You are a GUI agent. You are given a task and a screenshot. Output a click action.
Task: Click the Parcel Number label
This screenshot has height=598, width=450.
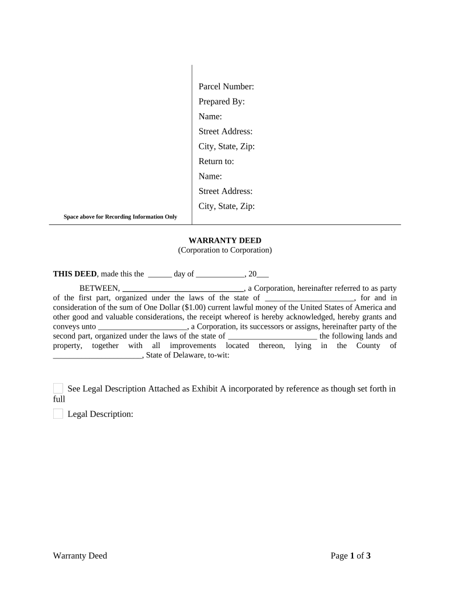(x=226, y=87)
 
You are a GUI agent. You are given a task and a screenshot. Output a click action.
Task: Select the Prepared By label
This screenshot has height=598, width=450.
(x=221, y=102)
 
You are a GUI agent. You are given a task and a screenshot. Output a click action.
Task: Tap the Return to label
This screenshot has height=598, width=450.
(x=216, y=161)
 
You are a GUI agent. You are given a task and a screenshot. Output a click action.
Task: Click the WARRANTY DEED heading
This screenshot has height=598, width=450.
(x=225, y=241)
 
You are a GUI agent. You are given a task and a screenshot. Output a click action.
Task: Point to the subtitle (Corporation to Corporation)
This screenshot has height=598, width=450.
(x=225, y=250)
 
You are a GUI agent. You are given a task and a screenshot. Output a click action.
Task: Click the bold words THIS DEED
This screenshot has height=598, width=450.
(x=75, y=274)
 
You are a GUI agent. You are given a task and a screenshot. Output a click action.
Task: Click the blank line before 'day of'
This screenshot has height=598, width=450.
(x=160, y=274)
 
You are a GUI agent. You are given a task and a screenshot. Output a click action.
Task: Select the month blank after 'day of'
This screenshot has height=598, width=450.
(x=220, y=274)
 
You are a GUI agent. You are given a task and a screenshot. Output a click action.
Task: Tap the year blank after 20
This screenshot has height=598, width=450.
(x=263, y=274)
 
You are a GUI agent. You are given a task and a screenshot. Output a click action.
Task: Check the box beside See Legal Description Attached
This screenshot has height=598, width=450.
(x=58, y=388)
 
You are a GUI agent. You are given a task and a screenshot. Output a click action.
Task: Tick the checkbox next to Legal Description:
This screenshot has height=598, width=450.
(x=58, y=414)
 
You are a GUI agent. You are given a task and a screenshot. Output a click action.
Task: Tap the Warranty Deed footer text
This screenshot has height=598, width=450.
(x=80, y=556)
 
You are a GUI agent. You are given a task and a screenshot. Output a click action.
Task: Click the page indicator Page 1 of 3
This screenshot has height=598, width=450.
(x=351, y=556)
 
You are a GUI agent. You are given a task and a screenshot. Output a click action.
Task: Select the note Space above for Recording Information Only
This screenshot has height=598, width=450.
(x=120, y=217)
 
